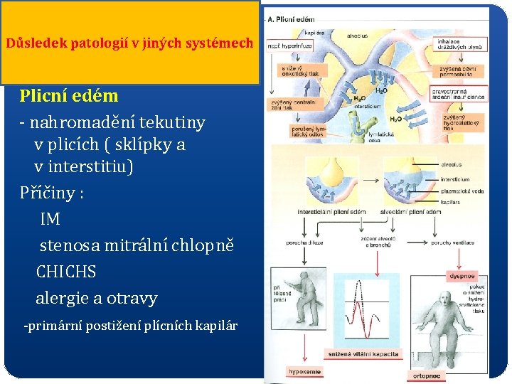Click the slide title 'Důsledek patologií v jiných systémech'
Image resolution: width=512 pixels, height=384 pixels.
tap(129, 43)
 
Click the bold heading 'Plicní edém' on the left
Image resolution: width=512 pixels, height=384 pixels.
tap(69, 96)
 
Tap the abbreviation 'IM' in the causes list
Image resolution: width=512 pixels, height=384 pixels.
tap(50, 220)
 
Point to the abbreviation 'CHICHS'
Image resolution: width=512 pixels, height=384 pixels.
tap(65, 272)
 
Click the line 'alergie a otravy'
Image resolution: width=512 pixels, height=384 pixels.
tap(96, 299)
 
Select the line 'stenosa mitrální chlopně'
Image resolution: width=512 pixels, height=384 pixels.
tap(137, 246)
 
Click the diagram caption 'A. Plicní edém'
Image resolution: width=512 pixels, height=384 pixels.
tap(292, 18)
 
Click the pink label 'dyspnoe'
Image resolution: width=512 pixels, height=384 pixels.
tap(461, 276)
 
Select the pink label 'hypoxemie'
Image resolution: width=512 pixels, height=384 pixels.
tap(304, 371)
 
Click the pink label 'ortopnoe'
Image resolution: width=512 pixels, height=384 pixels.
tap(430, 376)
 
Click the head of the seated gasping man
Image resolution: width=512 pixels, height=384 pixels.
tap(446, 300)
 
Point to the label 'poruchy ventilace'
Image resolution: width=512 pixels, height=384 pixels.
tap(453, 242)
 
